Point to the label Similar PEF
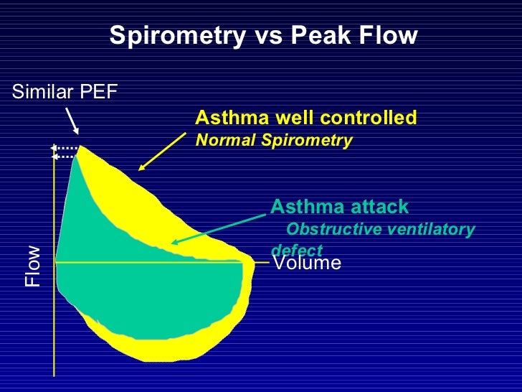pyautogui.click(x=64, y=91)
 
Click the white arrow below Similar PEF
pyautogui.click(x=72, y=121)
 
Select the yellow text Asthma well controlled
pyautogui.click(x=305, y=117)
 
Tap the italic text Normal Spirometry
pyautogui.click(x=274, y=140)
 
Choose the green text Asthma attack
pyautogui.click(x=339, y=207)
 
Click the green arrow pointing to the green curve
pyautogui.click(x=219, y=228)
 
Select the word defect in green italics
pyautogui.click(x=296, y=250)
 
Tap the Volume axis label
pyautogui.click(x=307, y=263)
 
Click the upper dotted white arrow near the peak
pyautogui.click(x=65, y=148)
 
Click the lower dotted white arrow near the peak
pyautogui.click(x=65, y=156)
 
